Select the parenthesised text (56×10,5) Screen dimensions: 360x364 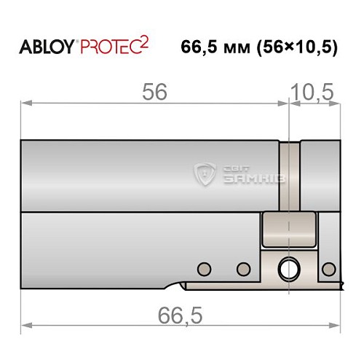[298, 47]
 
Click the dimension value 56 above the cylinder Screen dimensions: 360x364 [154, 93]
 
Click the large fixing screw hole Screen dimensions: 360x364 [290, 269]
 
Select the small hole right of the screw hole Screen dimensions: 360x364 [328, 269]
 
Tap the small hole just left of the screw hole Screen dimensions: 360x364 [242, 268]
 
